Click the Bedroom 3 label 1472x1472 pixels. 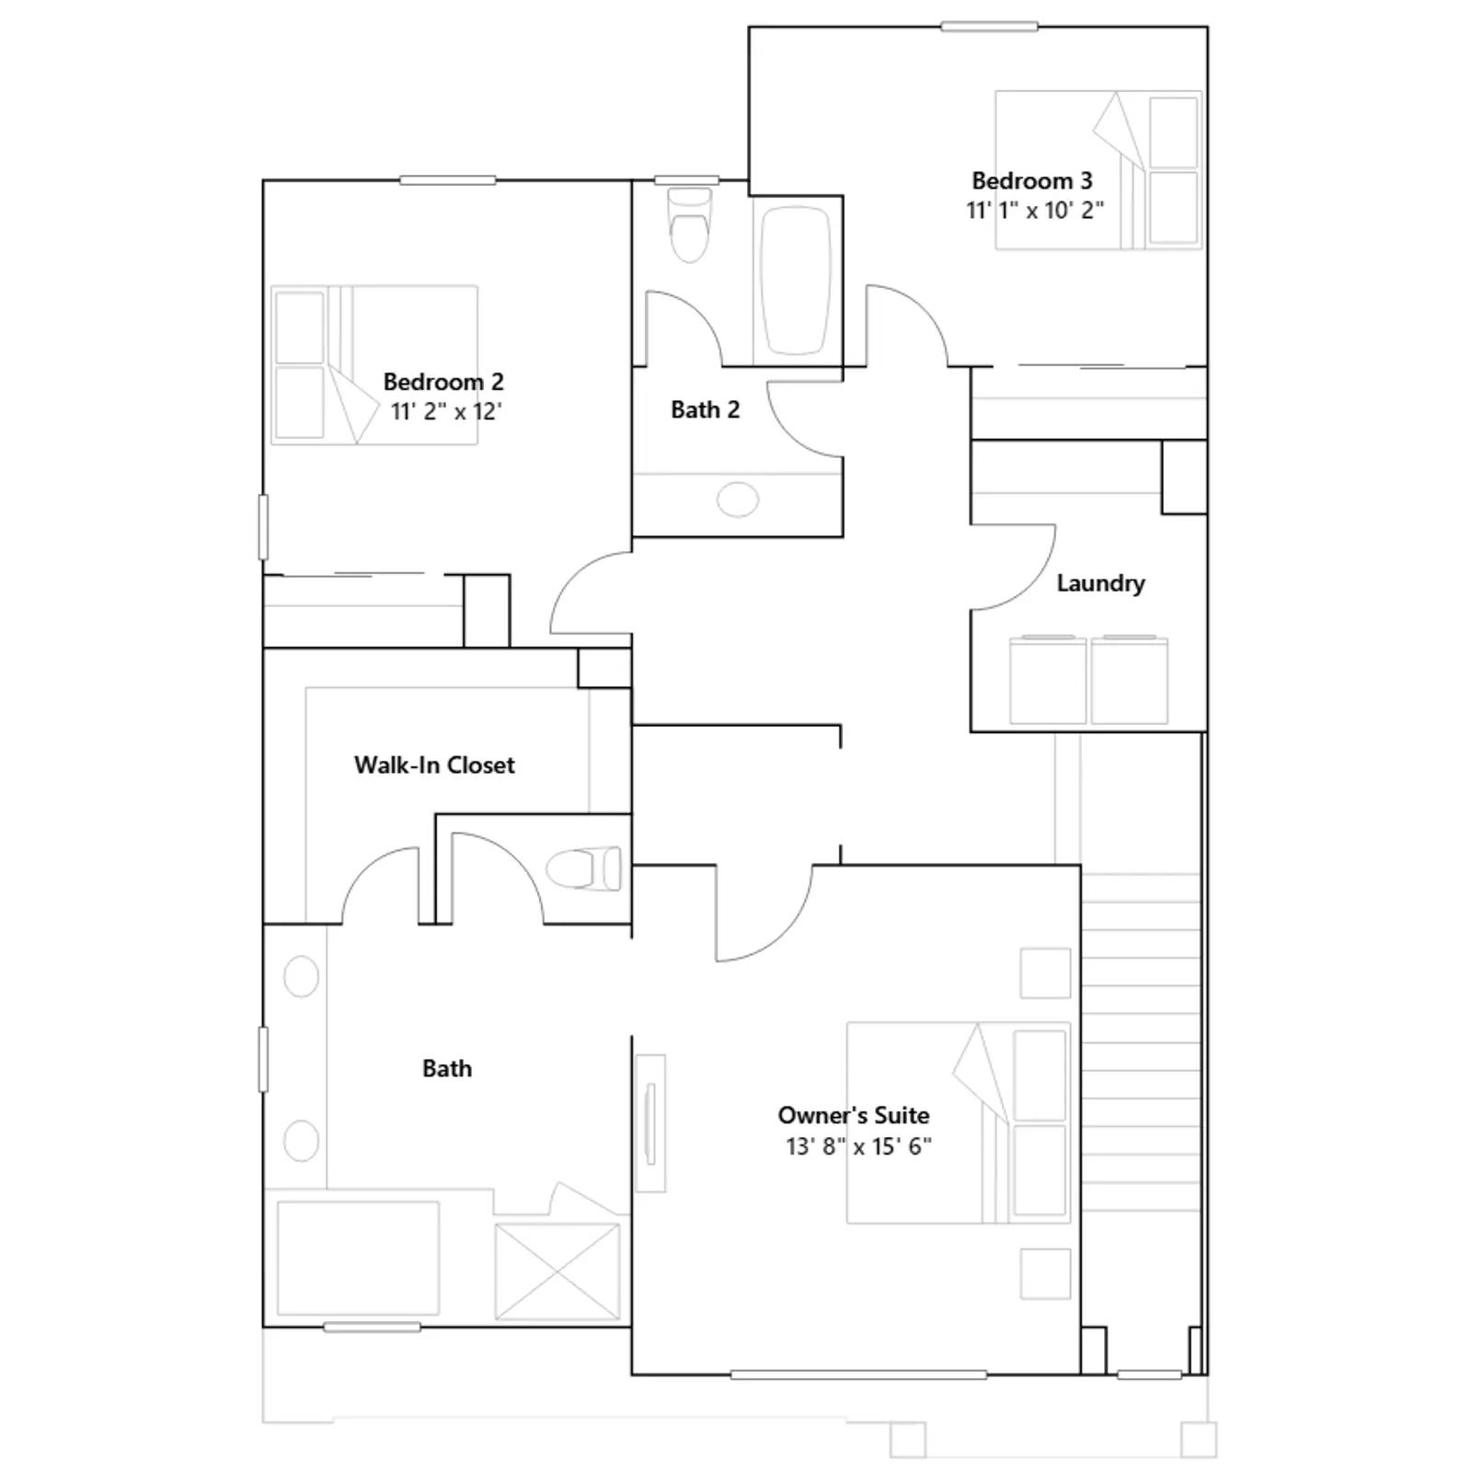tap(1031, 180)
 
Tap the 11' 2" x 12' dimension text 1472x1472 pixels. tap(445, 411)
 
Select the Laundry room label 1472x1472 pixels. tap(1100, 582)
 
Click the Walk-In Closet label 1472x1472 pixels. tap(434, 765)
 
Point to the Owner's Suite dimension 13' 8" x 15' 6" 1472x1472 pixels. tap(857, 1146)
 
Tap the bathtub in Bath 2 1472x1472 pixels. tap(796, 281)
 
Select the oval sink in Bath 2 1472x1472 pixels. tap(737, 500)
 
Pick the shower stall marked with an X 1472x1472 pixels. tap(558, 1271)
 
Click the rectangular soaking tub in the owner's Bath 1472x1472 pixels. tap(358, 1258)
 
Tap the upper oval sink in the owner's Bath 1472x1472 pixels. tap(301, 976)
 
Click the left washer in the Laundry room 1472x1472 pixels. tap(1047, 681)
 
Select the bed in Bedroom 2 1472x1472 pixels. tap(374, 365)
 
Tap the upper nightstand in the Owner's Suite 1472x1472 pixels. tap(1045, 973)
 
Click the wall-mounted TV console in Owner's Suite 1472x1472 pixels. tap(650, 1123)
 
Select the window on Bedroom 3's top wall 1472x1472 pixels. tap(989, 27)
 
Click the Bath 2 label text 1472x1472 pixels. tap(705, 409)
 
